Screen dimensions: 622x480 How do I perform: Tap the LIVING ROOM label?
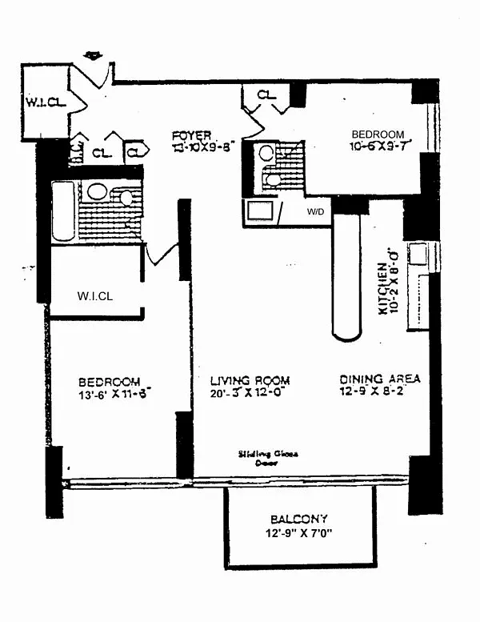(x=250, y=380)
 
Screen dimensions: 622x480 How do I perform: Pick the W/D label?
(x=314, y=213)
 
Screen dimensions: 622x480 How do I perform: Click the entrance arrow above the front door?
(x=94, y=55)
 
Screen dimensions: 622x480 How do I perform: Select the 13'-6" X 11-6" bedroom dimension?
(x=110, y=394)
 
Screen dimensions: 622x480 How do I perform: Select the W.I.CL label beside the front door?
(x=41, y=103)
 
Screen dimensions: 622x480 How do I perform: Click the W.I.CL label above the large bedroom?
(x=96, y=296)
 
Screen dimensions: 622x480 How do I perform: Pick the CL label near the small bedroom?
(x=266, y=95)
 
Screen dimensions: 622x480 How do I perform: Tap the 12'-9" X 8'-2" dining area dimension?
(x=378, y=391)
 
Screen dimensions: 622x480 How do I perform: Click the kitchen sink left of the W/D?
(x=261, y=211)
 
